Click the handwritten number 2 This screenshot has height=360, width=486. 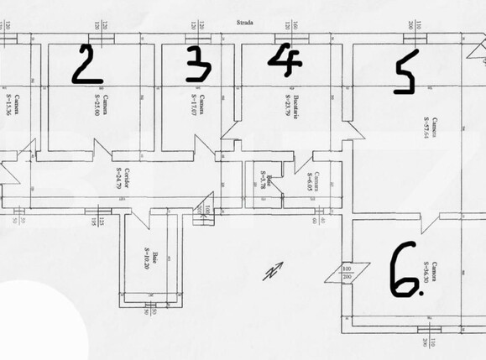(87, 64)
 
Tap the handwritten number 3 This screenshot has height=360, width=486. (197, 64)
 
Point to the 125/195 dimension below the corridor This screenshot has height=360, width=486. (100, 223)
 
